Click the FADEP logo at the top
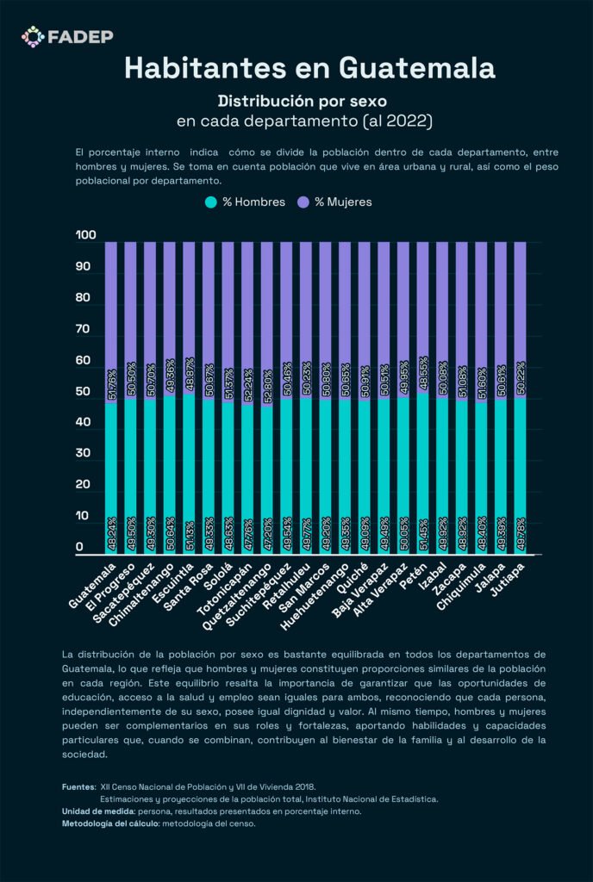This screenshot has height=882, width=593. [x=67, y=36]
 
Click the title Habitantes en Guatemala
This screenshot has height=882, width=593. [x=296, y=68]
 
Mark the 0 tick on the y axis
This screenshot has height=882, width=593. [x=79, y=547]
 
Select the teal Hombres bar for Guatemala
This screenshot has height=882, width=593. [x=111, y=474]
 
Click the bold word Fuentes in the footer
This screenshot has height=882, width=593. [x=78, y=786]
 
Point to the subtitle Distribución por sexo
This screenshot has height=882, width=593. [x=296, y=100]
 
